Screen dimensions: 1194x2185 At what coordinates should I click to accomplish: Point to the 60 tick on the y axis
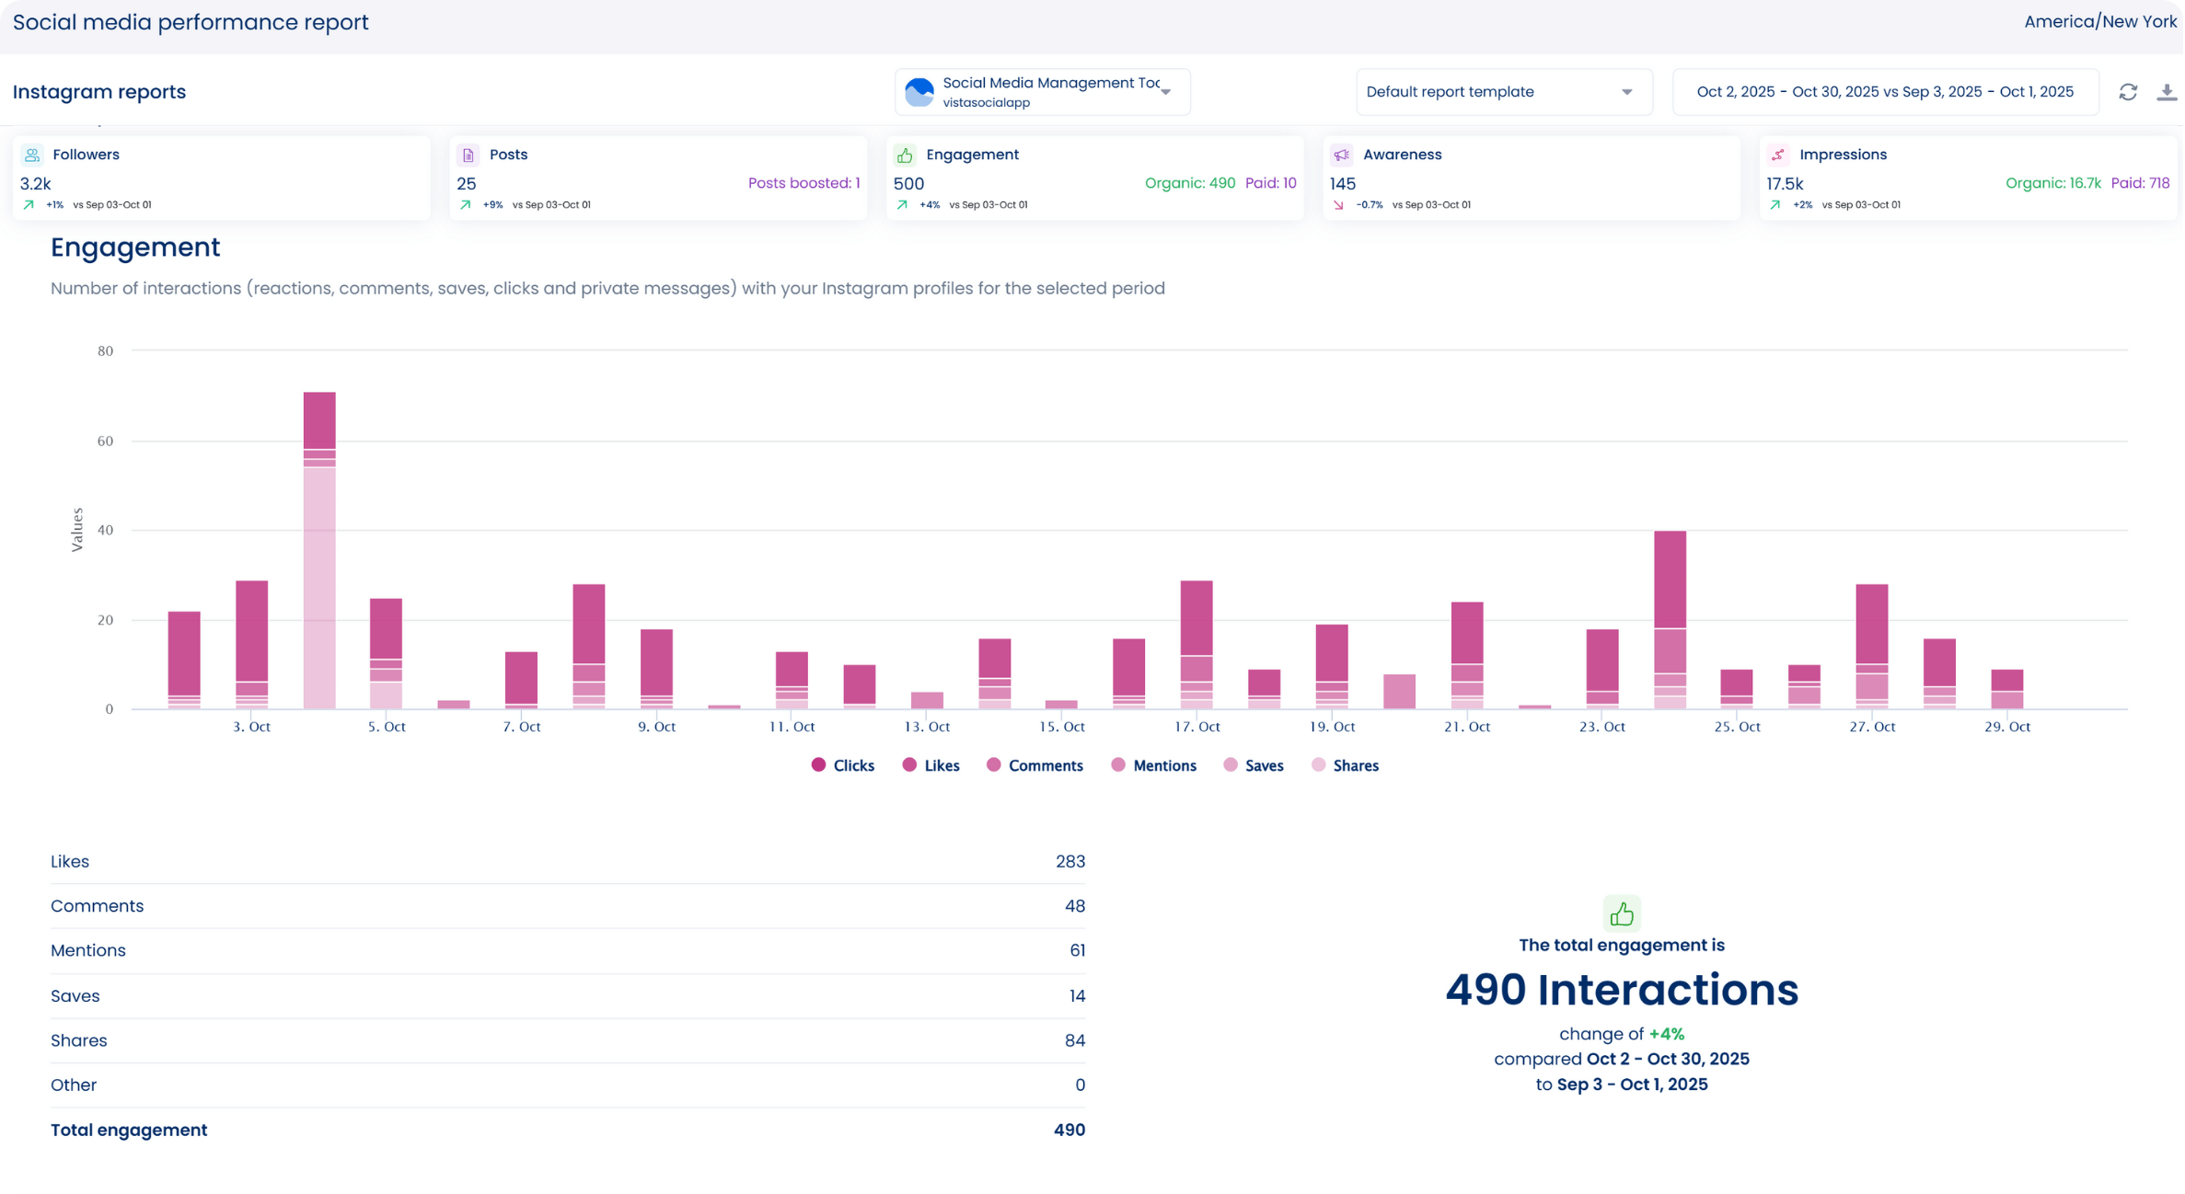click(x=105, y=441)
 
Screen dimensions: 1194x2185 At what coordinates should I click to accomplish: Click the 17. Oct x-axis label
click(x=1197, y=727)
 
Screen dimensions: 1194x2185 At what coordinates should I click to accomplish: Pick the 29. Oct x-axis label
click(x=2006, y=727)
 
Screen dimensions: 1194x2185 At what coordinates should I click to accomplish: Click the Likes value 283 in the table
click(x=1069, y=862)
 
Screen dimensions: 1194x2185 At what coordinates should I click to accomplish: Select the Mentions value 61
click(x=1077, y=950)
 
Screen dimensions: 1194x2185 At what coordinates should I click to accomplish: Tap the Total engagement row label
click(x=129, y=1130)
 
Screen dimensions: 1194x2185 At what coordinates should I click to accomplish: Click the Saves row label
click(x=75, y=995)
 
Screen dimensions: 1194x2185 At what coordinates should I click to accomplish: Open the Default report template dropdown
click(x=1503, y=92)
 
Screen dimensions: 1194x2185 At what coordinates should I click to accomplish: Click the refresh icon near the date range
click(x=2128, y=92)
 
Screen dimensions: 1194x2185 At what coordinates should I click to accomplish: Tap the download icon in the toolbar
click(x=2167, y=92)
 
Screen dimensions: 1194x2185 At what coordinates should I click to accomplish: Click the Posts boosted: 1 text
click(x=803, y=183)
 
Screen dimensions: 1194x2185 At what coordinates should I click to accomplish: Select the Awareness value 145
click(x=1343, y=184)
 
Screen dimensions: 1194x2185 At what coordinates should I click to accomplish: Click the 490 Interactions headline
click(x=1621, y=990)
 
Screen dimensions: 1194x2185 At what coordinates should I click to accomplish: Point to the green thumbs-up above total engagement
click(x=1622, y=913)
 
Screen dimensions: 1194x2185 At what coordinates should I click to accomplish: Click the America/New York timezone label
click(x=2099, y=22)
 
